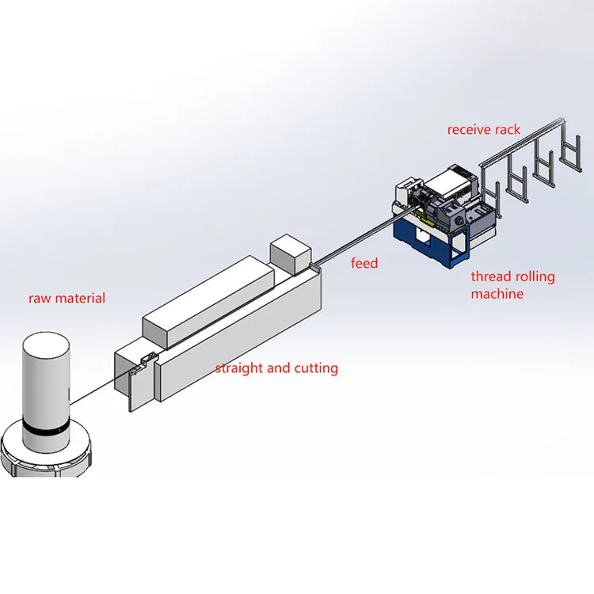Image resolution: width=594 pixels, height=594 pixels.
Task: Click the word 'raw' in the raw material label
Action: [40, 299]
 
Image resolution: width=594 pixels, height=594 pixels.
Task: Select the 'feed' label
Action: [364, 263]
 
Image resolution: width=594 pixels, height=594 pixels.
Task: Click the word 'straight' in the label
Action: [239, 368]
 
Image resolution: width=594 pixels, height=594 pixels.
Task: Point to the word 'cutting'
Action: [314, 368]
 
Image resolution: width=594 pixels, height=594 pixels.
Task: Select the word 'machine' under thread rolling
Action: [497, 294]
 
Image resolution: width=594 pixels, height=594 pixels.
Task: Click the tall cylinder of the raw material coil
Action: [47, 380]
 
